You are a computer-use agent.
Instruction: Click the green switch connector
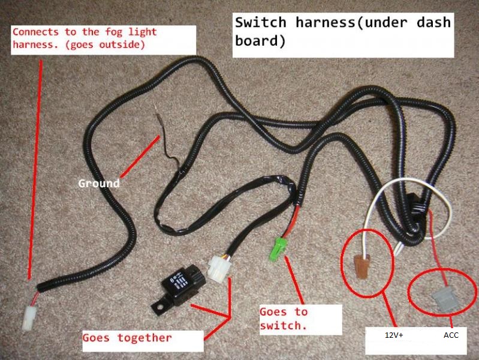(x=278, y=249)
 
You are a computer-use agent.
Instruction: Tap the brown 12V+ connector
(x=362, y=267)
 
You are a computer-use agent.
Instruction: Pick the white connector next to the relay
(x=219, y=268)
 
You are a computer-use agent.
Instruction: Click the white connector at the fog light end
(x=29, y=317)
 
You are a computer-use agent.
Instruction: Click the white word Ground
(x=99, y=183)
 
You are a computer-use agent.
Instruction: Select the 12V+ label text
(x=394, y=335)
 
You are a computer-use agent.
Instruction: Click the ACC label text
(x=451, y=335)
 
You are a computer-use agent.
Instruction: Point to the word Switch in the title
(x=261, y=22)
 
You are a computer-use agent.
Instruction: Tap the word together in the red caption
(x=144, y=338)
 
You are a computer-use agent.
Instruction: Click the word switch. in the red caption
(x=283, y=325)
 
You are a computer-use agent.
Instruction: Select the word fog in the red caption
(x=114, y=32)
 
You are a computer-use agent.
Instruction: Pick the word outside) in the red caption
(x=122, y=44)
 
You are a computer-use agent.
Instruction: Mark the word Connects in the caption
(x=35, y=32)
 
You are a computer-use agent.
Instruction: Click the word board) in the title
(x=260, y=41)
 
